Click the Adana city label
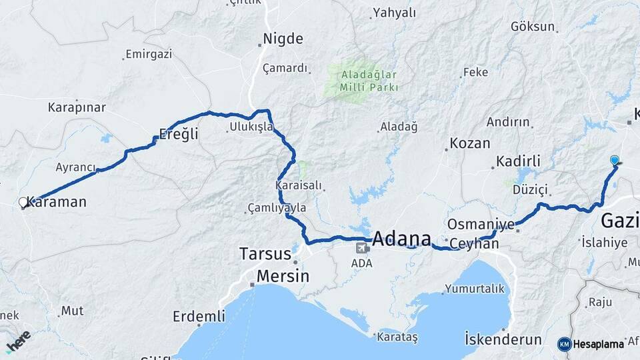click(x=401, y=239)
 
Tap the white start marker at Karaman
click(x=23, y=202)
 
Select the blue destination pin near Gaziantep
click(x=614, y=160)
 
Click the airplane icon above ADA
click(x=363, y=249)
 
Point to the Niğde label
click(x=283, y=39)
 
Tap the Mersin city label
click(x=283, y=276)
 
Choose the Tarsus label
click(x=265, y=254)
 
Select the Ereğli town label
click(x=179, y=134)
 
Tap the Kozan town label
click(x=470, y=143)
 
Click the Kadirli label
click(x=518, y=161)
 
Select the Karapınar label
click(x=77, y=107)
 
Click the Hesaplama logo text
click(x=598, y=344)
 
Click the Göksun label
click(x=533, y=27)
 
